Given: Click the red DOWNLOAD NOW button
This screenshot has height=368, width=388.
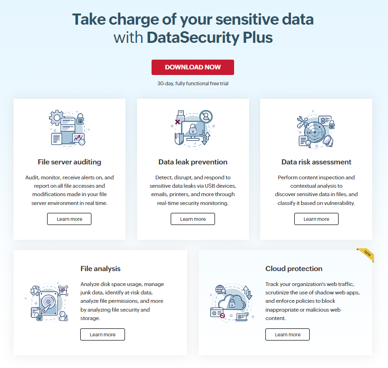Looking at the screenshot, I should click(x=193, y=67).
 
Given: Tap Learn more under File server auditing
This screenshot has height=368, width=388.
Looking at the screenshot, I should click(x=69, y=219).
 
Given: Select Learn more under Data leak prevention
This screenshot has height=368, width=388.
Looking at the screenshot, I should click(x=193, y=219).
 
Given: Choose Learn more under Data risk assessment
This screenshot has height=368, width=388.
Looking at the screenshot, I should click(x=316, y=219).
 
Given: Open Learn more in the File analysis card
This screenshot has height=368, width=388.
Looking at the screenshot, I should click(x=103, y=334).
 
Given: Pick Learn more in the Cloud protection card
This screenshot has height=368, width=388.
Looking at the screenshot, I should click(x=288, y=334).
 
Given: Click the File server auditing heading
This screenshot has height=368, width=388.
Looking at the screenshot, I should click(x=69, y=162).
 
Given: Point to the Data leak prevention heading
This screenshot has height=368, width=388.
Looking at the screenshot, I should click(x=193, y=162).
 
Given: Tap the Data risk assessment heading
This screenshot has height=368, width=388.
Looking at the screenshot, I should click(x=316, y=162).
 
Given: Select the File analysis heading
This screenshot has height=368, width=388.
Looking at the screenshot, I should click(x=100, y=269).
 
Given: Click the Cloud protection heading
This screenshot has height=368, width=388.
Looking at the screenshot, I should click(x=294, y=269).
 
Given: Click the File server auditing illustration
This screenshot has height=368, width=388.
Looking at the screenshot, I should click(x=69, y=128).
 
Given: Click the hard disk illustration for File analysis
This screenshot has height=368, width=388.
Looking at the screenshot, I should click(x=48, y=302).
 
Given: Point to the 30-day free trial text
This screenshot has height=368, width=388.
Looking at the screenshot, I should click(x=193, y=84).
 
